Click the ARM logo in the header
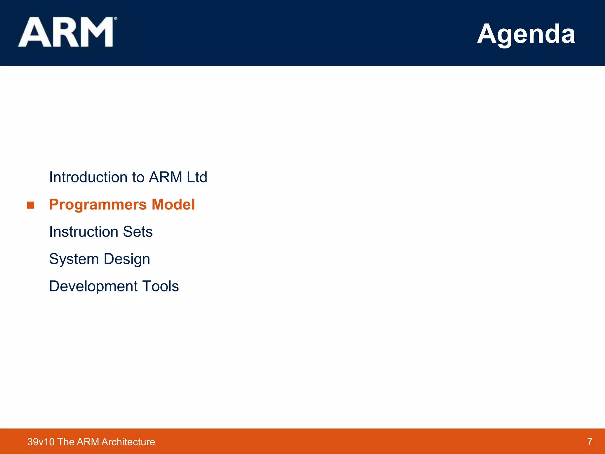coord(66,32)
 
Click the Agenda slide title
coord(526,34)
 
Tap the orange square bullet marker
coord(31,205)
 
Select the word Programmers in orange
coord(98,205)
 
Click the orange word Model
coord(173,205)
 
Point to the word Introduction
coord(88,177)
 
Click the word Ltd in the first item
coord(197,177)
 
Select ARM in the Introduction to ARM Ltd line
coord(165,177)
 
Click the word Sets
coord(138,232)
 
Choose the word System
coord(74,259)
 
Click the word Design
coord(127,260)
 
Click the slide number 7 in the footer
coord(590,442)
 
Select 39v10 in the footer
coord(41,442)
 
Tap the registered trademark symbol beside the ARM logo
coord(116,19)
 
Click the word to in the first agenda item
coord(138,177)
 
